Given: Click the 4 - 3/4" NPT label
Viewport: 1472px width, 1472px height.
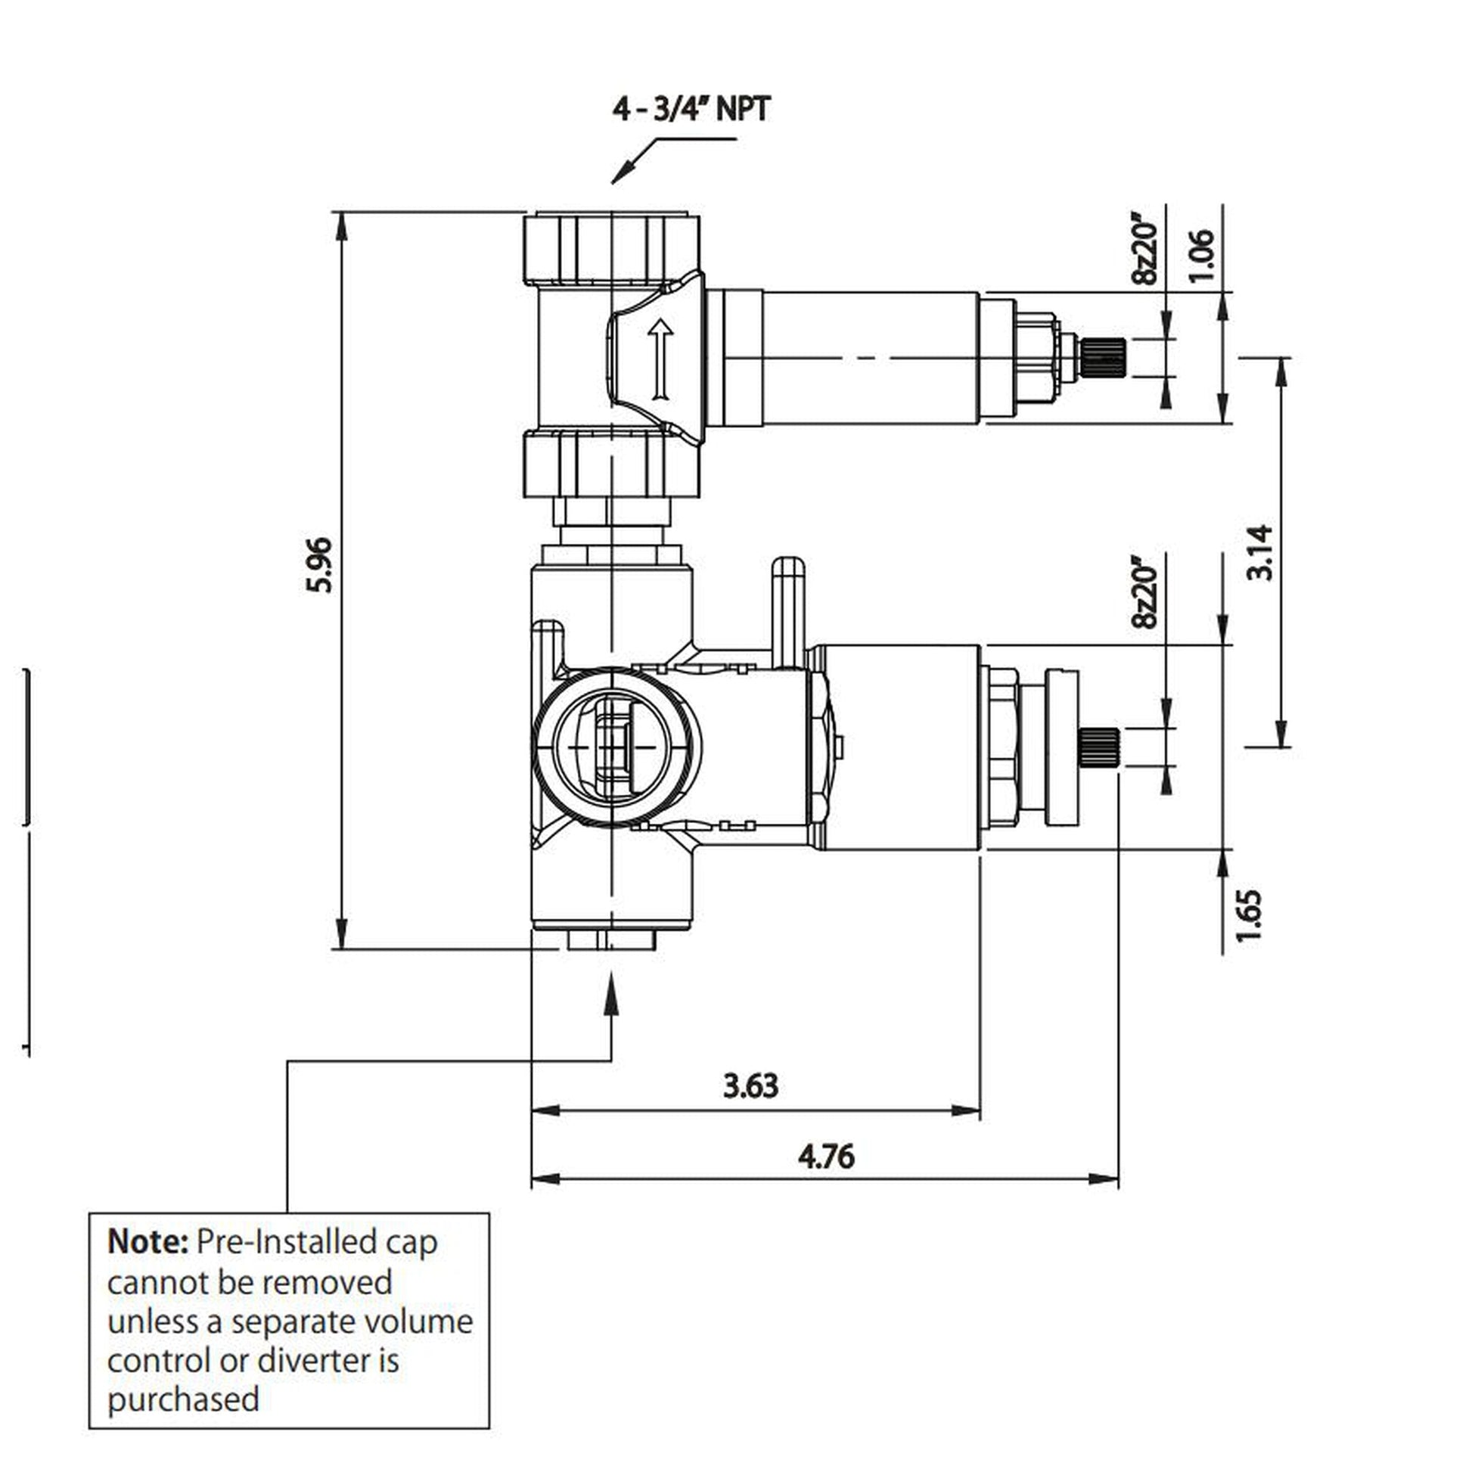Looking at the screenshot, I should coord(691,109).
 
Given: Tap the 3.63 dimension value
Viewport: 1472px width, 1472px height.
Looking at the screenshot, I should coord(750,1085).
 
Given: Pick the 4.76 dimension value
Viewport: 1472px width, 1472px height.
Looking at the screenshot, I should coord(827,1157).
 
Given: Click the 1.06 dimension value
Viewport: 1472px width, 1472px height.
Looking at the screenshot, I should coord(1201,255).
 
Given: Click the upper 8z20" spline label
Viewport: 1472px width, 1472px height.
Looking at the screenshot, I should coord(1145,253).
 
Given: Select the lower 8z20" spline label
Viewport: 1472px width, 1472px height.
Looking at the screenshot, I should coord(1145,597).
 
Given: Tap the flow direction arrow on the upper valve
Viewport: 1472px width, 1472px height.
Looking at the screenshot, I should coord(660,359).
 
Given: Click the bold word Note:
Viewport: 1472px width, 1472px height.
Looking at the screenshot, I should coord(148,1243).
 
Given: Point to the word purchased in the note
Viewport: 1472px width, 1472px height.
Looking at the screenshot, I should coord(184,1399).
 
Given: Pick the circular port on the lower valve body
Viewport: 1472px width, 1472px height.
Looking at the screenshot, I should coord(614,747).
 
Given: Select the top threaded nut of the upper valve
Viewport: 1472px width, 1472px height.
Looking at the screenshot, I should coord(611,249).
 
